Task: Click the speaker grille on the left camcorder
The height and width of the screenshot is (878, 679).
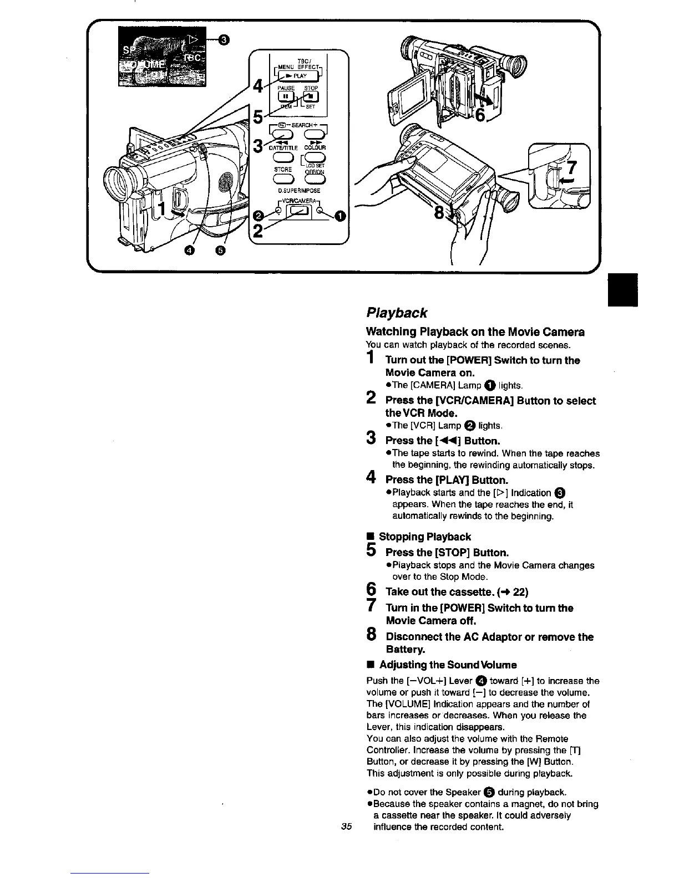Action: click(x=226, y=181)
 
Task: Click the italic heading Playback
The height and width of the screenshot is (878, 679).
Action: click(x=397, y=313)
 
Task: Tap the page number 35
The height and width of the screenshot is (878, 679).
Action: click(x=347, y=827)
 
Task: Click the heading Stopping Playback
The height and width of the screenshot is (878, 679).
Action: click(x=424, y=537)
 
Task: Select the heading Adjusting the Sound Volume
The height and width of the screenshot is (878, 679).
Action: click(x=448, y=665)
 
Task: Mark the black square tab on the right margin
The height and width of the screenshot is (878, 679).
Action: click(x=623, y=289)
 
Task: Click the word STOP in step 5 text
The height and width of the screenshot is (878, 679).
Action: click(x=453, y=553)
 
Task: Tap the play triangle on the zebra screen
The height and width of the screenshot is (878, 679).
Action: click(x=192, y=38)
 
